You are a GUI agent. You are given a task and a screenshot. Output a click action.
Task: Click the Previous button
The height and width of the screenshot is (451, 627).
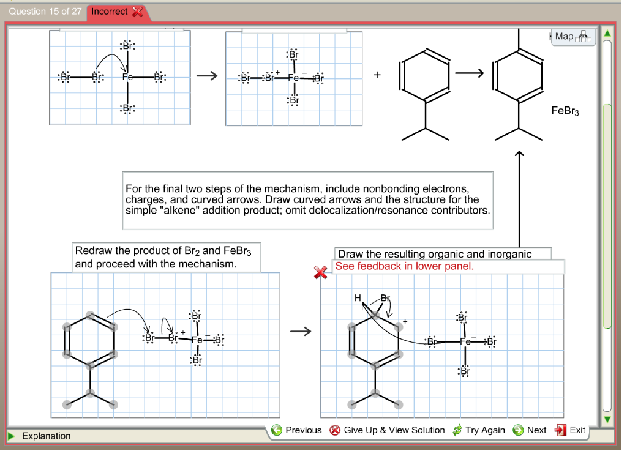coord(297,430)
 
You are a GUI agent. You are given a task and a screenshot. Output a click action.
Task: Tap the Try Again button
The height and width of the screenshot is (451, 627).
coord(478,430)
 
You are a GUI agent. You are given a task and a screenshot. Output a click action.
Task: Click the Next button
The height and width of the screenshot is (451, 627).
coord(530,430)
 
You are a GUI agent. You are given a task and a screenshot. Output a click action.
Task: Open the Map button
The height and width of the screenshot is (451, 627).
coord(573,37)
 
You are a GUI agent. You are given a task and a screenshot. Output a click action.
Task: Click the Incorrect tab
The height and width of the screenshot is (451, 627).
coord(117,12)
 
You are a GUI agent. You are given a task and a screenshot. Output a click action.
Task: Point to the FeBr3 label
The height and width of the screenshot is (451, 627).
coord(565,111)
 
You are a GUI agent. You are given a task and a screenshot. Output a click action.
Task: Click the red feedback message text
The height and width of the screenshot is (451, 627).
coord(404,266)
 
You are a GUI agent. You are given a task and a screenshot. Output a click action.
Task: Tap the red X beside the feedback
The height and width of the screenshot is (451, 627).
coord(320,273)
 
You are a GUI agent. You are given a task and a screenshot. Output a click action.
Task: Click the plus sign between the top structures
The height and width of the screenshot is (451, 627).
coord(377,76)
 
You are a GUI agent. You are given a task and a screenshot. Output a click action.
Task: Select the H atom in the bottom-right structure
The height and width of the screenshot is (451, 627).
coord(358,298)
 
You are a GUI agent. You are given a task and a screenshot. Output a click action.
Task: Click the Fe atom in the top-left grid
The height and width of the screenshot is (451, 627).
coord(127,78)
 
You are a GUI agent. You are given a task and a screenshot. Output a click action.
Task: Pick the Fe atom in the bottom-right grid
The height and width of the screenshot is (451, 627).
coord(465,341)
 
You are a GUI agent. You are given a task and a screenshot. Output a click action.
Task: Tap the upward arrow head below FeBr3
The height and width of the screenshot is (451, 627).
coord(519,155)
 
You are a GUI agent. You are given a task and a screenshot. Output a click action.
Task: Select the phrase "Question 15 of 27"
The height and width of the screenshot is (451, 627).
coord(45,11)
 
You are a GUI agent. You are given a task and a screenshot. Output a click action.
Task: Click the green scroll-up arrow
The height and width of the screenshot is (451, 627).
coord(607,32)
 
